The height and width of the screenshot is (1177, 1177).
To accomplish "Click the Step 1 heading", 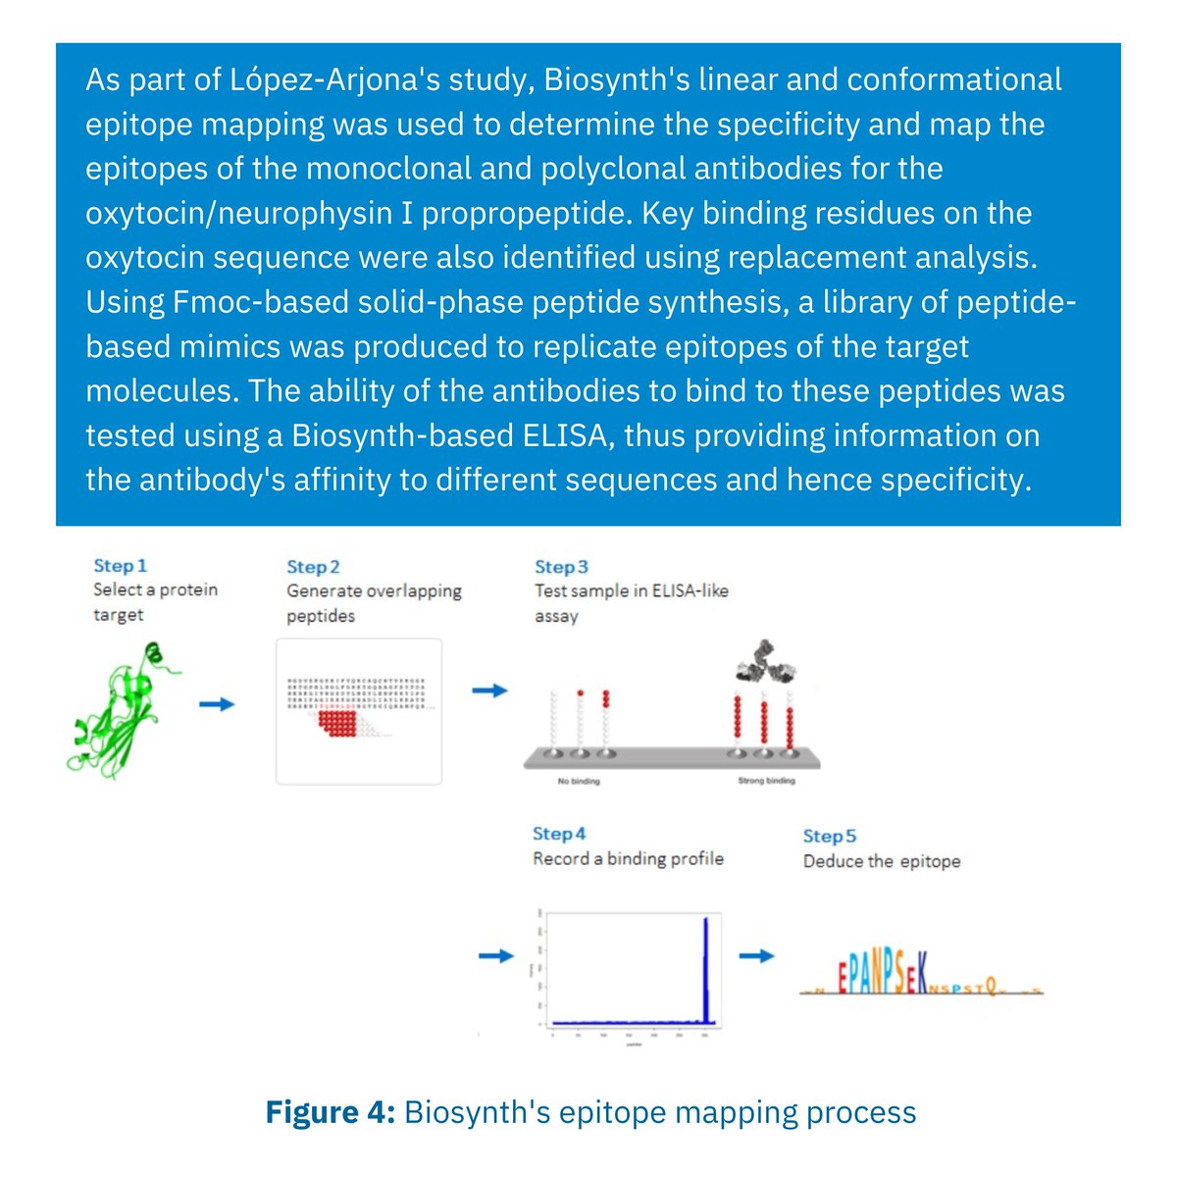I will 120,566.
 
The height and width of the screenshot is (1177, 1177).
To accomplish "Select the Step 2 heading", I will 313,567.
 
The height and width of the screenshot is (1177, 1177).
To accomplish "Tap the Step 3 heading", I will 561,567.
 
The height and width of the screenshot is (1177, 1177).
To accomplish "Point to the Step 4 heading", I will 559,834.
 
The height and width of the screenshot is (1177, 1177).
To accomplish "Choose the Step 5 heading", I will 829,836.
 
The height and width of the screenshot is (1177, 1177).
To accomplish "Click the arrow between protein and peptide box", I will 217,704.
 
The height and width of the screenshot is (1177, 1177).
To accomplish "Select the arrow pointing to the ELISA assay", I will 489,691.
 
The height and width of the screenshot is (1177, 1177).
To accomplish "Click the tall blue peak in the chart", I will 706,971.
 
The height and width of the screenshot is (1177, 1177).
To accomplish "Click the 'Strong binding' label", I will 766,782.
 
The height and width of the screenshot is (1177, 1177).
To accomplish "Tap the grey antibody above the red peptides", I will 763,670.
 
